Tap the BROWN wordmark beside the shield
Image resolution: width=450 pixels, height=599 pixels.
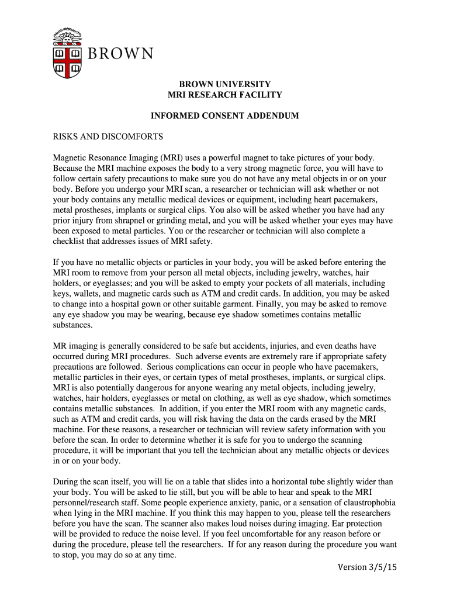(121, 54)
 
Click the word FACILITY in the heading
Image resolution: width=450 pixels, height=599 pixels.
(257, 95)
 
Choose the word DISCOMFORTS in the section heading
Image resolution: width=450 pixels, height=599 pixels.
(135, 137)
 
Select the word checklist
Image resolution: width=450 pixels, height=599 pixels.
(72, 242)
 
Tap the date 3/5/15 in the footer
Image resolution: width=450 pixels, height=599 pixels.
(380, 567)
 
